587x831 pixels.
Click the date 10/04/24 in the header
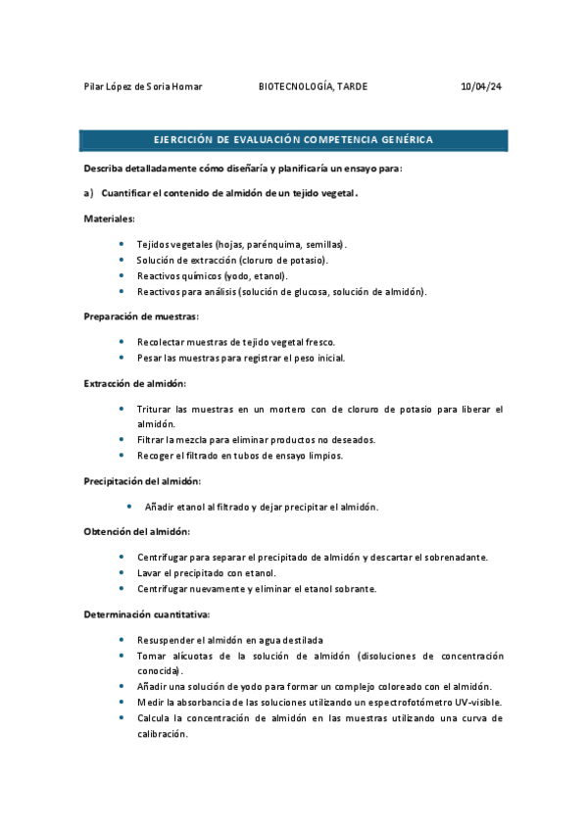point(481,87)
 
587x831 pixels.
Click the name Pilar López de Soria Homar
point(143,87)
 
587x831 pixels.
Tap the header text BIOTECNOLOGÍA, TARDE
point(313,87)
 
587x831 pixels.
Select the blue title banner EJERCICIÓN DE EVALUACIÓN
point(294,140)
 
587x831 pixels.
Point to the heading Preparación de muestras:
point(141,317)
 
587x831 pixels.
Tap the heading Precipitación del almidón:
point(142,481)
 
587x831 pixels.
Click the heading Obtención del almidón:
point(136,531)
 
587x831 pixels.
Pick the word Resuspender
point(170,639)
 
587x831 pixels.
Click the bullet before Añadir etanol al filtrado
point(129,507)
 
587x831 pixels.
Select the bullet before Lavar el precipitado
point(121,572)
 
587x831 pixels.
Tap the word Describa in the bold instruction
point(105,169)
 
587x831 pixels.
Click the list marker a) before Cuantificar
point(88,193)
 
